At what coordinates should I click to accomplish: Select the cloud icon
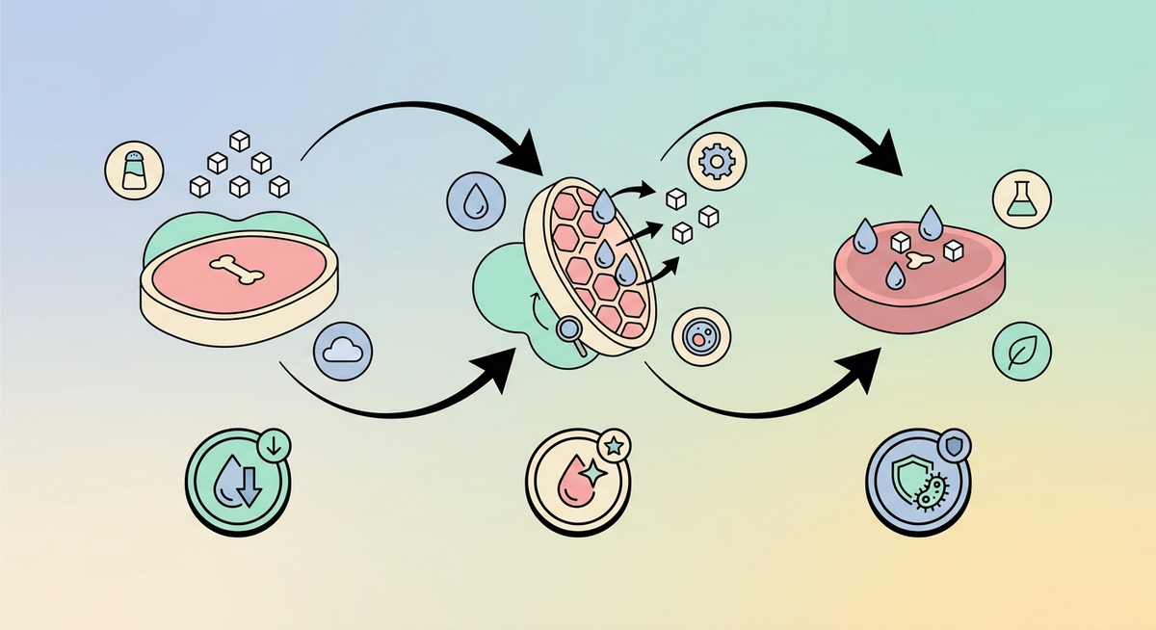[x=343, y=350]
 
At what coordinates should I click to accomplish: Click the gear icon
[x=715, y=162]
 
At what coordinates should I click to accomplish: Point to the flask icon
[x=1021, y=199]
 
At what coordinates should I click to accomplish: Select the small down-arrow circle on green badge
[x=274, y=444]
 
